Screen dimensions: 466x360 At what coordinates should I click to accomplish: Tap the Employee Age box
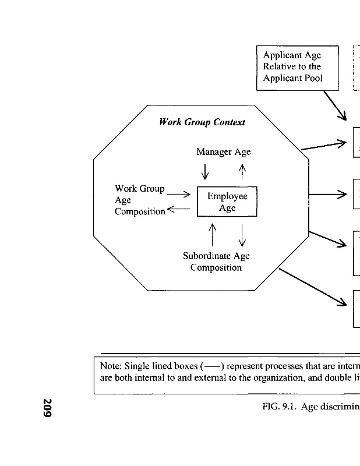227,202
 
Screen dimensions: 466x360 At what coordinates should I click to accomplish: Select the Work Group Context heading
202,122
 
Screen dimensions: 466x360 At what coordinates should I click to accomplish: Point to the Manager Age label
223,152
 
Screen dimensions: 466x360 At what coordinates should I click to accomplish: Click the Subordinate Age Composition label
216,262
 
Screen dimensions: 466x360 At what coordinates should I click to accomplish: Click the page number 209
48,408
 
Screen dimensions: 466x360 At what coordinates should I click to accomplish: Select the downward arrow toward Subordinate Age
242,235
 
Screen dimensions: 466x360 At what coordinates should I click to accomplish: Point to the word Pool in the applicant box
309,79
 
